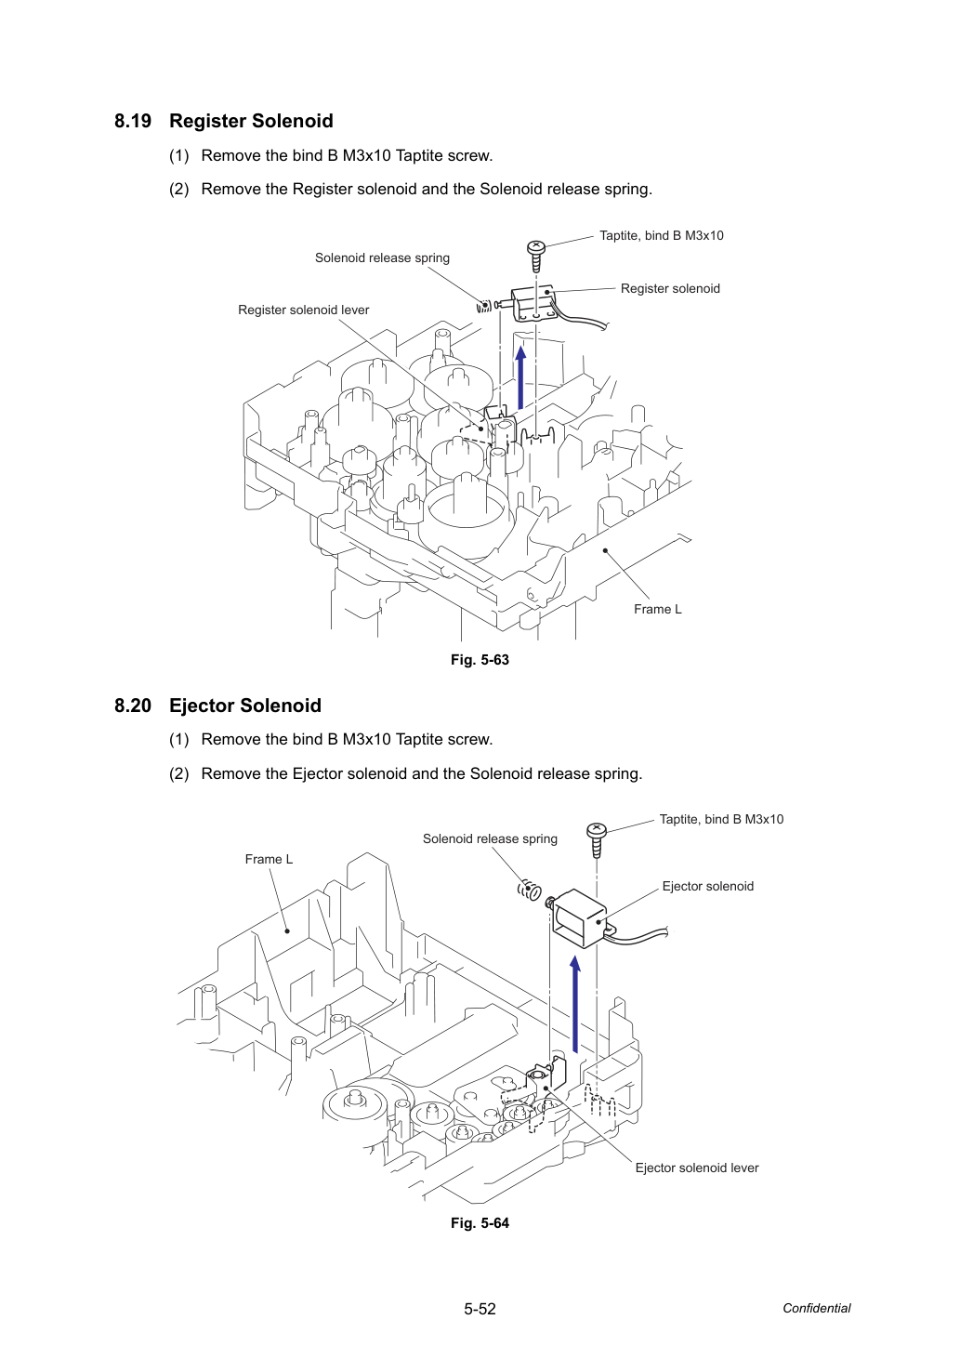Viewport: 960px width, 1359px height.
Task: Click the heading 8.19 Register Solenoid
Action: (x=224, y=121)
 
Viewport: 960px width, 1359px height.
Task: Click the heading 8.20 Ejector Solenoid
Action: (x=217, y=705)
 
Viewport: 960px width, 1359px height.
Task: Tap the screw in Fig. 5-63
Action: (x=536, y=257)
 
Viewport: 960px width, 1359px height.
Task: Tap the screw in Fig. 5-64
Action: (x=597, y=839)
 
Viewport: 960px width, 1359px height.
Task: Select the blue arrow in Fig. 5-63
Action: (x=520, y=376)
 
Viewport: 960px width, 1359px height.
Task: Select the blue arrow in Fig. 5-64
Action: (x=575, y=1004)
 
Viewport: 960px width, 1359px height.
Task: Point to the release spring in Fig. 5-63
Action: (x=484, y=307)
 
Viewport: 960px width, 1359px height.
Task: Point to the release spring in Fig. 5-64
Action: (x=529, y=890)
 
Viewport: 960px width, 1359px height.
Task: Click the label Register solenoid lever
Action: (x=303, y=310)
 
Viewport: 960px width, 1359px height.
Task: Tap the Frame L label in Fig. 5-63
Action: (x=657, y=609)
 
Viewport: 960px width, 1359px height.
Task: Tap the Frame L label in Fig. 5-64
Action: (x=269, y=859)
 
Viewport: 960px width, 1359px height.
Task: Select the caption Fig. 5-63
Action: (x=480, y=659)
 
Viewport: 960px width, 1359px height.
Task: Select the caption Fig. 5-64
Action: (x=480, y=1222)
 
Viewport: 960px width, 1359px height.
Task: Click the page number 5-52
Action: (x=480, y=1309)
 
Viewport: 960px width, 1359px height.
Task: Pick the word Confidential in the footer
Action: (x=816, y=1308)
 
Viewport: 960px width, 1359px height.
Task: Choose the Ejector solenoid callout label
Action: (x=708, y=886)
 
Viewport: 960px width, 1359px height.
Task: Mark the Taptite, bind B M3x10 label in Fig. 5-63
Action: (x=662, y=235)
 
